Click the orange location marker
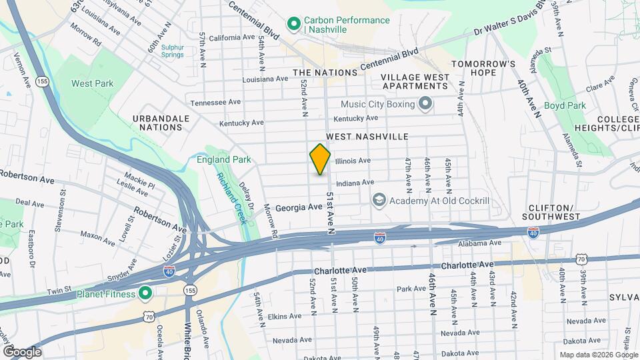pos(320,159)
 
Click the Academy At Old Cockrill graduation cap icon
pos(379,200)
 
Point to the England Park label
pos(223,159)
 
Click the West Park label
pos(93,83)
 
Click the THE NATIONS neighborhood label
pos(321,72)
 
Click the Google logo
pos(22,351)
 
